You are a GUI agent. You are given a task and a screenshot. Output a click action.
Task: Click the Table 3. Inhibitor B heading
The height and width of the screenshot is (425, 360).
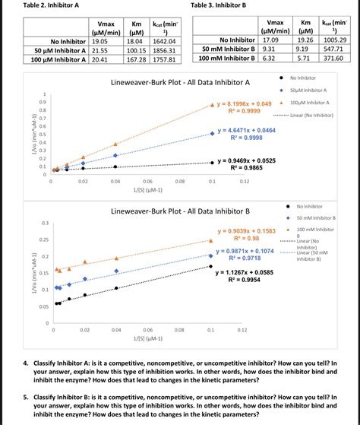[x=220, y=5]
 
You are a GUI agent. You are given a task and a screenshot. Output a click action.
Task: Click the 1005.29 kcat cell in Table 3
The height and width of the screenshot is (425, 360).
[x=333, y=39]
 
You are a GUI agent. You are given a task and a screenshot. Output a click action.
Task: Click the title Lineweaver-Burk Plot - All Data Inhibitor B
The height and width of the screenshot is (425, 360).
[x=181, y=211]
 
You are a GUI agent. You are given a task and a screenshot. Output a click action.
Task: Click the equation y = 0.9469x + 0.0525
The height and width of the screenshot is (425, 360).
[x=245, y=161]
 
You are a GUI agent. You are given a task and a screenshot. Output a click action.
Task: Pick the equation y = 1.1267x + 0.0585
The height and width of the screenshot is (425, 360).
[x=245, y=271]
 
